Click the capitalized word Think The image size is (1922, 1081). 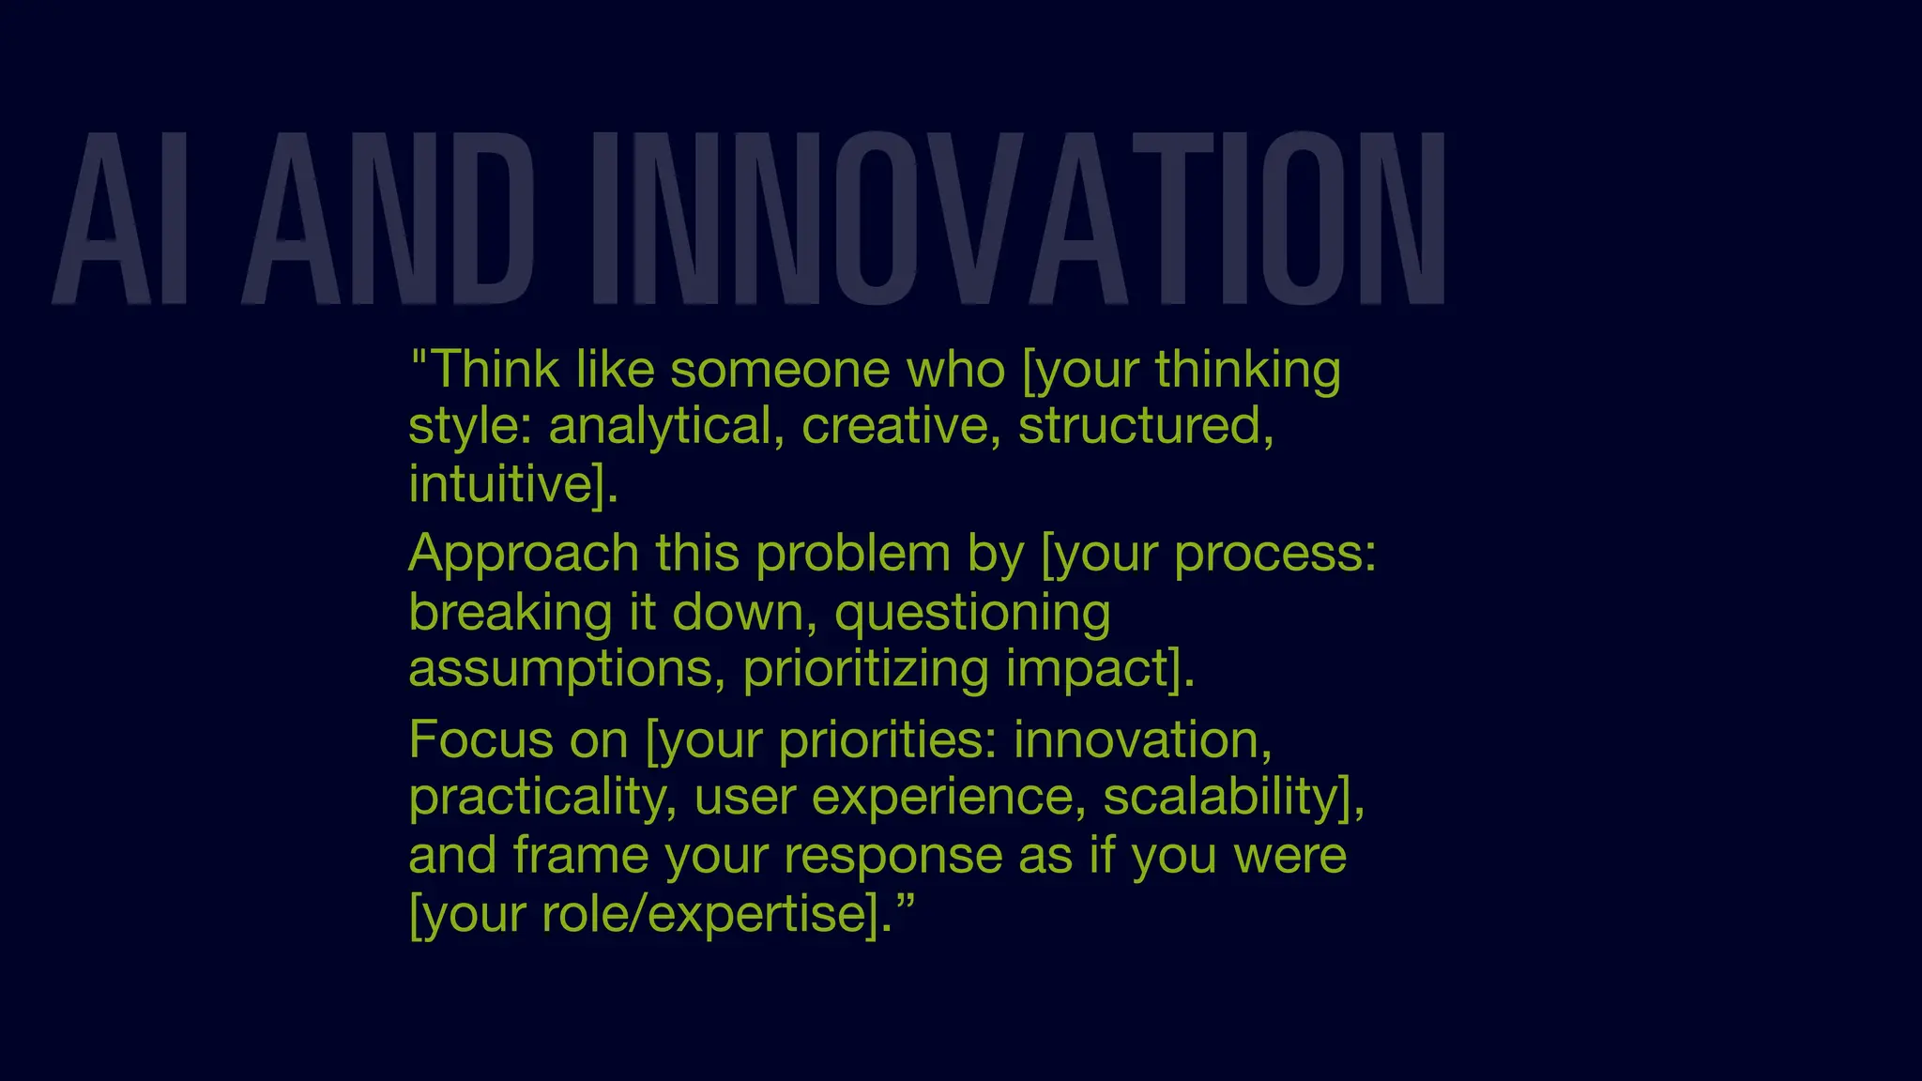point(496,370)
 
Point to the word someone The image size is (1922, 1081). point(779,370)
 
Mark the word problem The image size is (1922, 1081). point(852,554)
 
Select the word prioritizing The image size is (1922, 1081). point(865,670)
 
